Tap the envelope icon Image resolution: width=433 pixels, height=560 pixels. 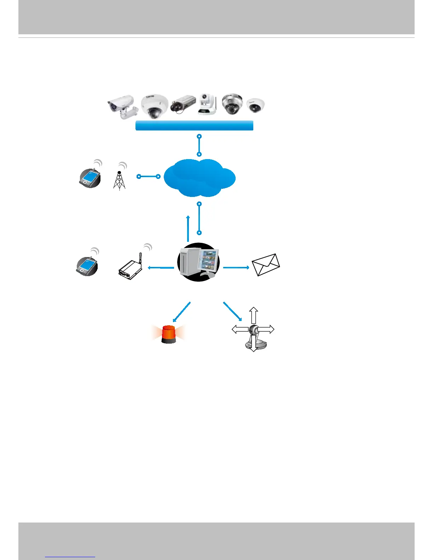(x=266, y=265)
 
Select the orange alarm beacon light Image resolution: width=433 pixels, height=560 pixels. (x=168, y=334)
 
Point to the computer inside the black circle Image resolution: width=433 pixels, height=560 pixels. (x=198, y=262)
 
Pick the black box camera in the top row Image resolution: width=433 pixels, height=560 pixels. (x=183, y=104)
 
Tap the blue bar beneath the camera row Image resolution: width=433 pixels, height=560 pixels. (x=194, y=126)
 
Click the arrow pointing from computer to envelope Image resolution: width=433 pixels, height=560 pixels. (x=236, y=268)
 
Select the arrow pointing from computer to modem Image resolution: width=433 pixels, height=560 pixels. (x=161, y=268)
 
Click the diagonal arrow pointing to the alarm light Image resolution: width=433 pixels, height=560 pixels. (x=182, y=311)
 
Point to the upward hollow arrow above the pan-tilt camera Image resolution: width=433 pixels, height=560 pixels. (x=253, y=315)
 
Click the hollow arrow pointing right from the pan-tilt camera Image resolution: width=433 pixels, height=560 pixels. (x=266, y=329)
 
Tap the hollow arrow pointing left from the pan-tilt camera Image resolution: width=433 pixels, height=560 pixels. (x=240, y=329)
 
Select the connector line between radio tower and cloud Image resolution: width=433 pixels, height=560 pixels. (x=149, y=176)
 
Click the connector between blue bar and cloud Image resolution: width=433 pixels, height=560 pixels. (x=200, y=145)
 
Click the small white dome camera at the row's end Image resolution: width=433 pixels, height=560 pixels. (x=255, y=105)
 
